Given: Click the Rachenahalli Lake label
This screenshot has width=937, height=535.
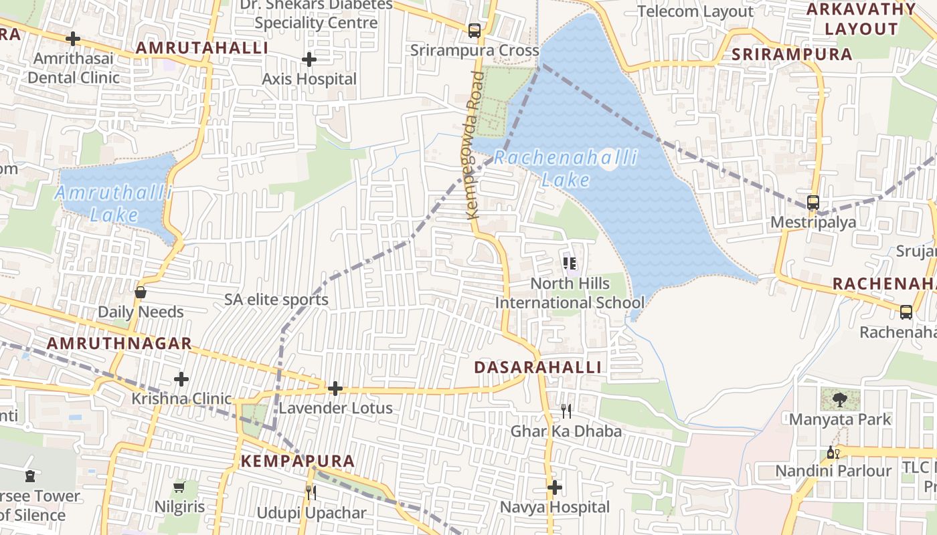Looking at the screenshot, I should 566,169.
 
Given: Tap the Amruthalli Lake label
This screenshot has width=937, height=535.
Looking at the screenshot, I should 113,204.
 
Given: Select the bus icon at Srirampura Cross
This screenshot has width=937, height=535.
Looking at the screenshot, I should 474,30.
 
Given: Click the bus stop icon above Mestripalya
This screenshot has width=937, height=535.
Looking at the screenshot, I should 813,202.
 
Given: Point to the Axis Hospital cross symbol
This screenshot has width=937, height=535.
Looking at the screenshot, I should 309,60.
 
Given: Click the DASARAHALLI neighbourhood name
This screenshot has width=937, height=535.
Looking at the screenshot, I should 537,367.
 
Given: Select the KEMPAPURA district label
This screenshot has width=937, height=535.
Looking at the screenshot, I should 297,461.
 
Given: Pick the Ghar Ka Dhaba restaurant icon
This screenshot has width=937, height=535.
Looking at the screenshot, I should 566,411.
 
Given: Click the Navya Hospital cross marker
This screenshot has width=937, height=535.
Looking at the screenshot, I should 555,488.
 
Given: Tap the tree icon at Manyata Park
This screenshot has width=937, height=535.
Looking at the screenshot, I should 839,400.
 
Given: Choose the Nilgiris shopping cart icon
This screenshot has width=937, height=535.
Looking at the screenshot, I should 179,487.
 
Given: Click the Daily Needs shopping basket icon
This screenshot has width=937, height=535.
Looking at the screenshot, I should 141,292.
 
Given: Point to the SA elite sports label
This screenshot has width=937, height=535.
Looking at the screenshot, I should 276,300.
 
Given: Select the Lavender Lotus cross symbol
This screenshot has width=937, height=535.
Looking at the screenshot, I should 335,388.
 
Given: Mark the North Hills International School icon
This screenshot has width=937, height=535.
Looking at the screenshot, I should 570,263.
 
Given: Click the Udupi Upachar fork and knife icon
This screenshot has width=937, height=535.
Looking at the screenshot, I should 311,493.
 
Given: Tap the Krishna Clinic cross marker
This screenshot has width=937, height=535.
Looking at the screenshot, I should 181,379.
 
